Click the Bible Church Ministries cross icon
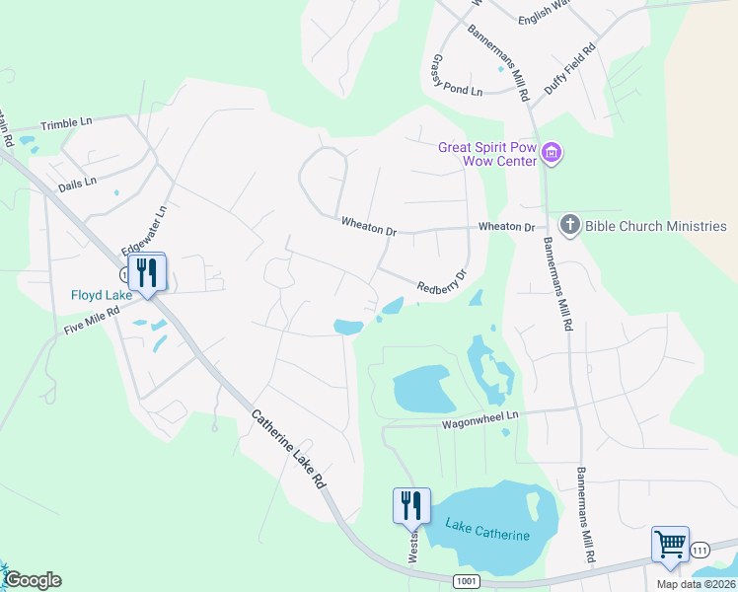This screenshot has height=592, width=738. click(x=569, y=225)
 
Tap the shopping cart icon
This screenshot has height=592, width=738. click(x=670, y=544)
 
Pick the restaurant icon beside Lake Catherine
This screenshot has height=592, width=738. click(x=411, y=505)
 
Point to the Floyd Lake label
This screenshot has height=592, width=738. click(x=102, y=295)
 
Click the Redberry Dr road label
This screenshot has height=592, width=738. click(x=441, y=281)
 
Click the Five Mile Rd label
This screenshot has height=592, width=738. click(x=92, y=318)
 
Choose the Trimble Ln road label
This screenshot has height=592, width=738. click(x=65, y=124)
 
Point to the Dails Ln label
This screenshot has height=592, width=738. click(x=77, y=184)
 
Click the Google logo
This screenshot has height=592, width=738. click(x=33, y=580)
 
